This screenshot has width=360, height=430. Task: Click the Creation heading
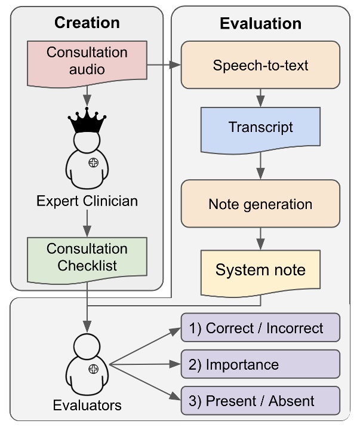87,23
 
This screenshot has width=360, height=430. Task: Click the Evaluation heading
260,24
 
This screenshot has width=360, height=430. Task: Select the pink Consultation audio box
87,60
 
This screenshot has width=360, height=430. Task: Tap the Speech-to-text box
260,64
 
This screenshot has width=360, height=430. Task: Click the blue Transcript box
260,127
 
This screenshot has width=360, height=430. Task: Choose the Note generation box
260,204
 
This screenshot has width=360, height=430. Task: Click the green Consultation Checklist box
87,257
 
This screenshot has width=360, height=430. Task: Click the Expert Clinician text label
87,201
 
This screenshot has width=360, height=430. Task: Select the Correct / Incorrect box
260,328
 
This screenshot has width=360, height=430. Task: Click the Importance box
260,364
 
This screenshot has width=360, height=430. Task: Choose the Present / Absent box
260,401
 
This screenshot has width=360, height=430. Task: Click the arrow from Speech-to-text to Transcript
260,96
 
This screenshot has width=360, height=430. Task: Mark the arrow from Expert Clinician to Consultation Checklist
87,223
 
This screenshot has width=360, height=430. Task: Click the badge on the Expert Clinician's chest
93,163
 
